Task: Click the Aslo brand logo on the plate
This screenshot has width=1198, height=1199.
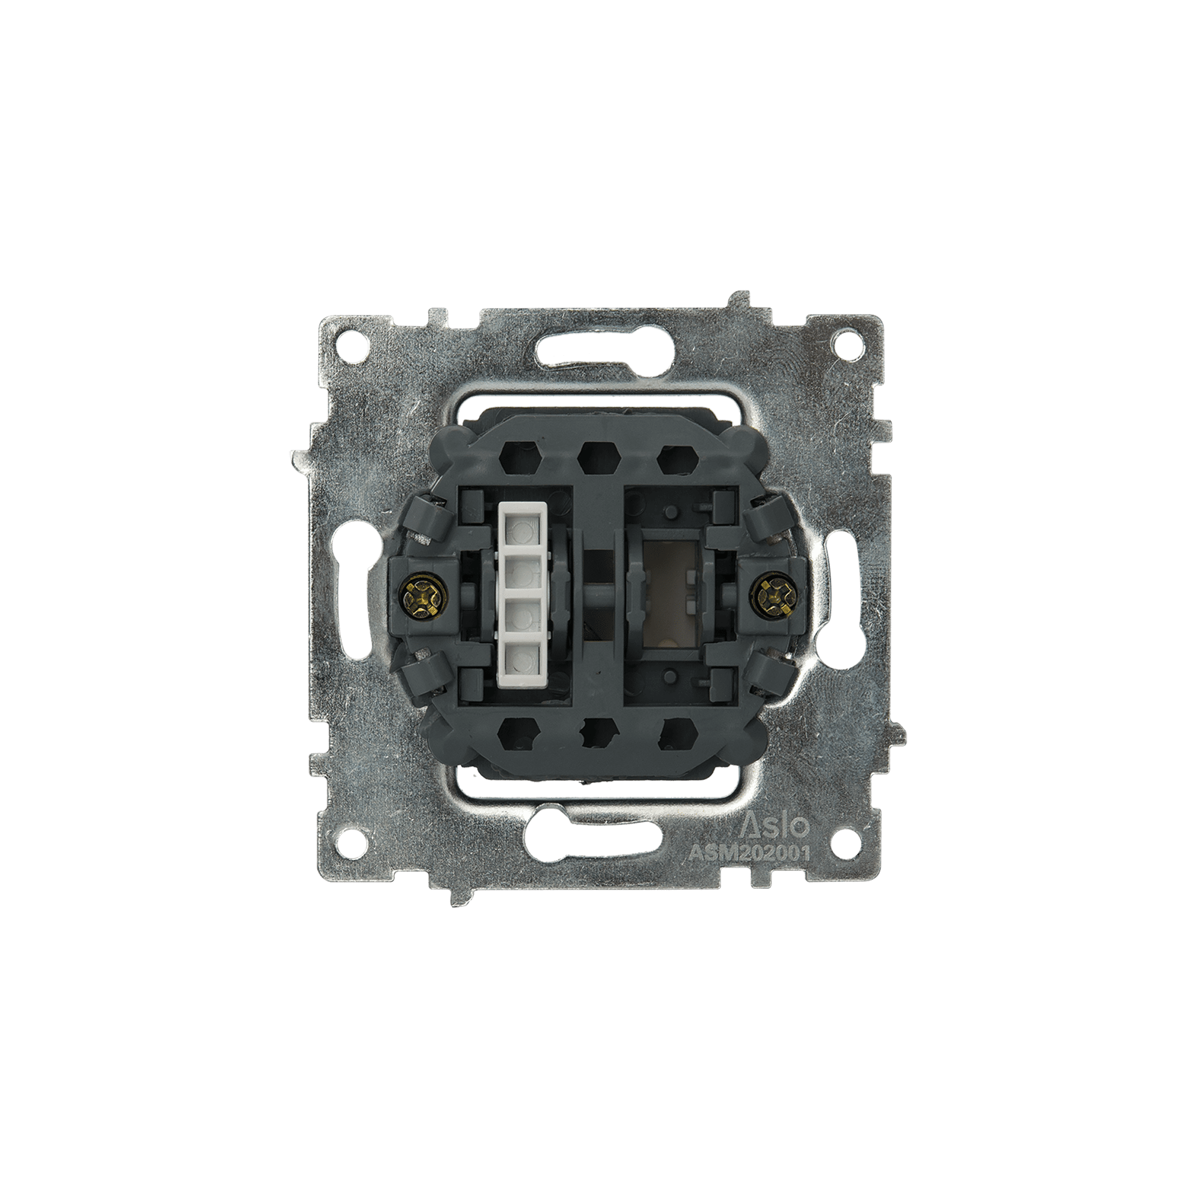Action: click(x=776, y=826)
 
